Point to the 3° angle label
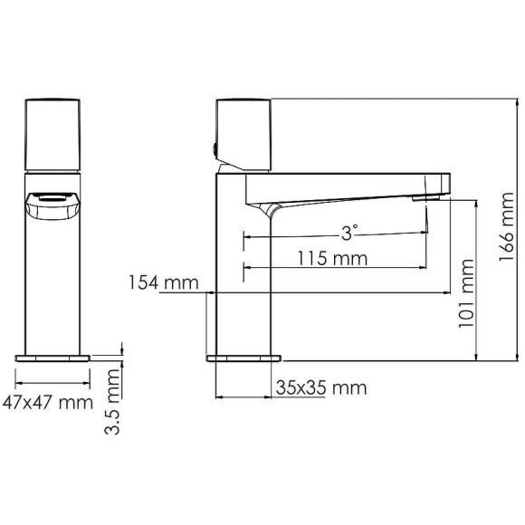click(x=350, y=233)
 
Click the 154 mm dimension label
click(x=163, y=282)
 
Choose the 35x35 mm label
click(x=321, y=388)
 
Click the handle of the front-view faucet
click(x=54, y=133)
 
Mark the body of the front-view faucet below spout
click(x=54, y=281)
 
